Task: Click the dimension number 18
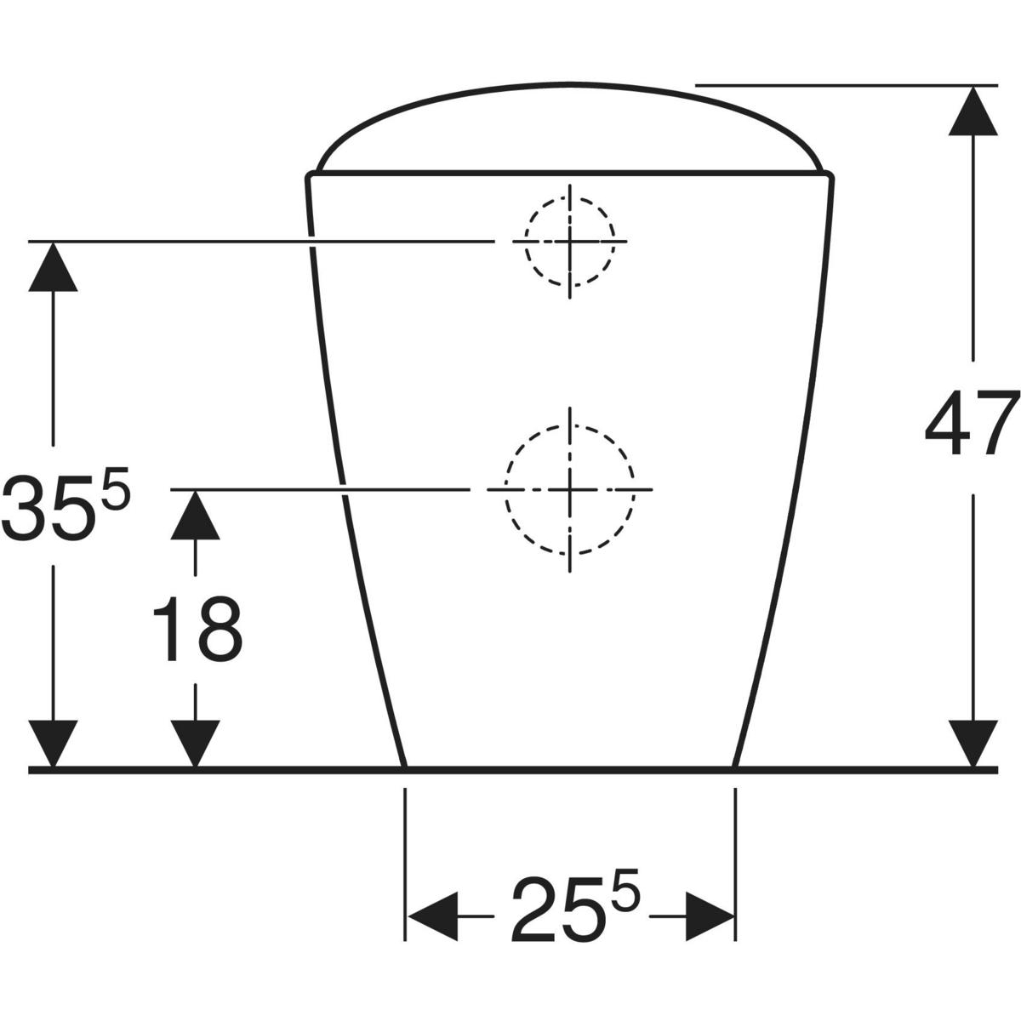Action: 197,629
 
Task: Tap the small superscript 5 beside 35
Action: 116,488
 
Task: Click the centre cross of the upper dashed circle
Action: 569,241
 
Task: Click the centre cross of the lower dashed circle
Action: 569,489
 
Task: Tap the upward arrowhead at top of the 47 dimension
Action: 973,111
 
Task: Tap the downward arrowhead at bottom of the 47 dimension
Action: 973,743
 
